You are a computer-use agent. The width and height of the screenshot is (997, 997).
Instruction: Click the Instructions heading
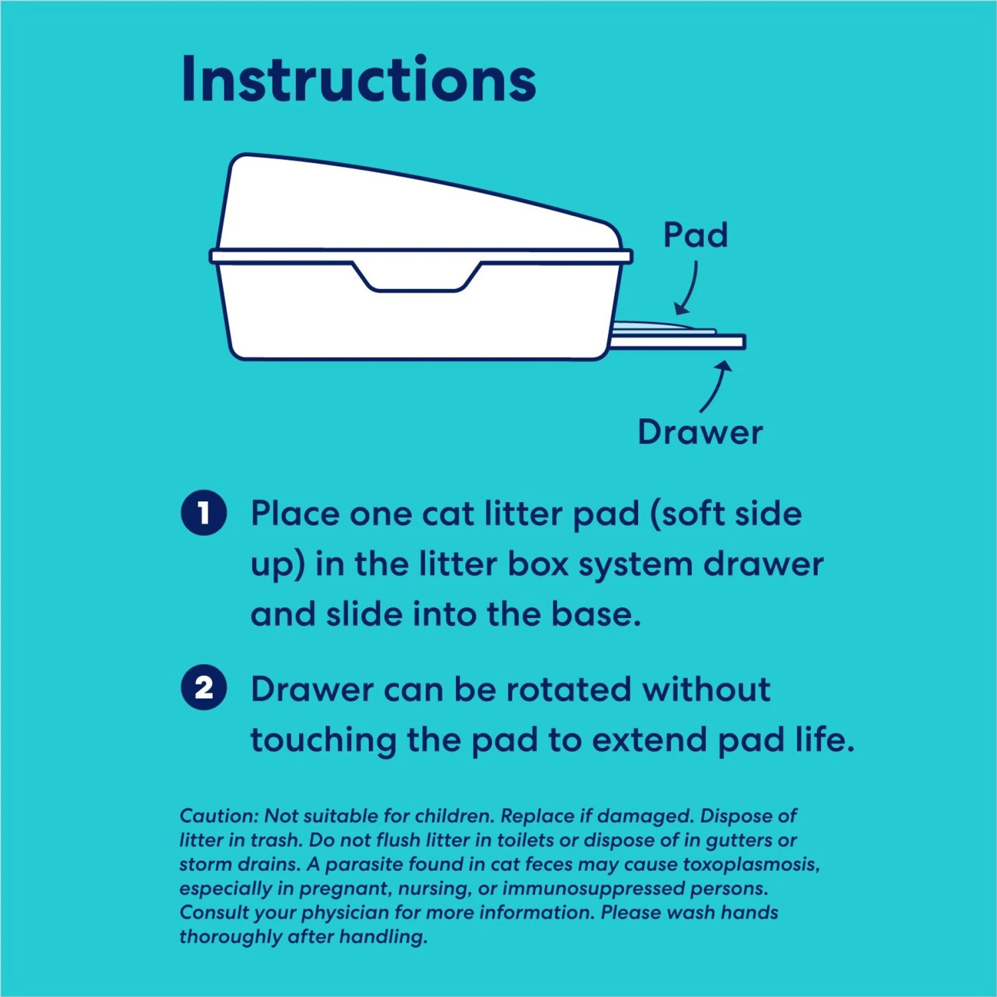(358, 80)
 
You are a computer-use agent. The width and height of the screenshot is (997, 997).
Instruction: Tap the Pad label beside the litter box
(695, 235)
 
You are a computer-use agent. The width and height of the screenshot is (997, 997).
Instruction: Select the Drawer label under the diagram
(700, 433)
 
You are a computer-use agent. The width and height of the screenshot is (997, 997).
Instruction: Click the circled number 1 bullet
(204, 513)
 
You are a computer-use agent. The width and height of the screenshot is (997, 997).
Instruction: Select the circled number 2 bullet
(204, 687)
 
